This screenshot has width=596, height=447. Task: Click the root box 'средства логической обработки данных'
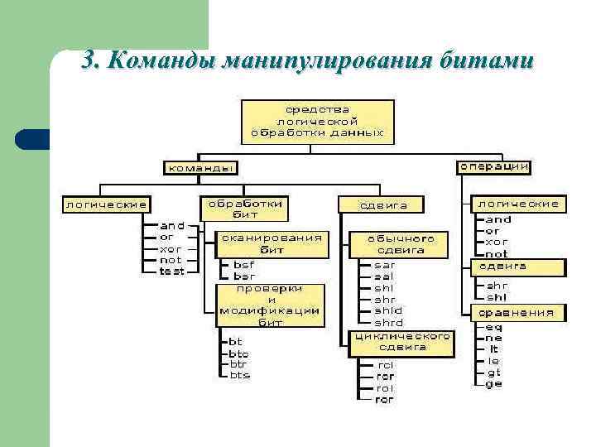tap(318, 121)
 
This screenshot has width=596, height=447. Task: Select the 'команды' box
tap(199, 167)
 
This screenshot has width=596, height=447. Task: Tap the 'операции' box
tap(493, 166)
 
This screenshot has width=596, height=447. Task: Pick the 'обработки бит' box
tap(245, 208)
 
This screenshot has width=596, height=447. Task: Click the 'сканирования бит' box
tap(272, 243)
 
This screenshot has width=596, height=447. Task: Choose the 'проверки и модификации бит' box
tap(270, 305)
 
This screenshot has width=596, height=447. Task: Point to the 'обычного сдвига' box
tap(401, 243)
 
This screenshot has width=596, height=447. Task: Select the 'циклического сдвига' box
tap(402, 342)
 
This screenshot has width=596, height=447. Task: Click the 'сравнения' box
tap(518, 313)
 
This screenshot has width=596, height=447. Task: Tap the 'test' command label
tap(171, 272)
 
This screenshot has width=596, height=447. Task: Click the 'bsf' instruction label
tap(243, 265)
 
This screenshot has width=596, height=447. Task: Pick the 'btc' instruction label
tap(238, 353)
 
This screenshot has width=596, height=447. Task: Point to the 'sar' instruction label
tap(385, 265)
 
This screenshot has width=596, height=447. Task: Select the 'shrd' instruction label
tap(388, 323)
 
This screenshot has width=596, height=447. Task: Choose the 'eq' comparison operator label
tap(493, 326)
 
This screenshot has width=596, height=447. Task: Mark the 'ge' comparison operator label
tap(493, 384)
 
